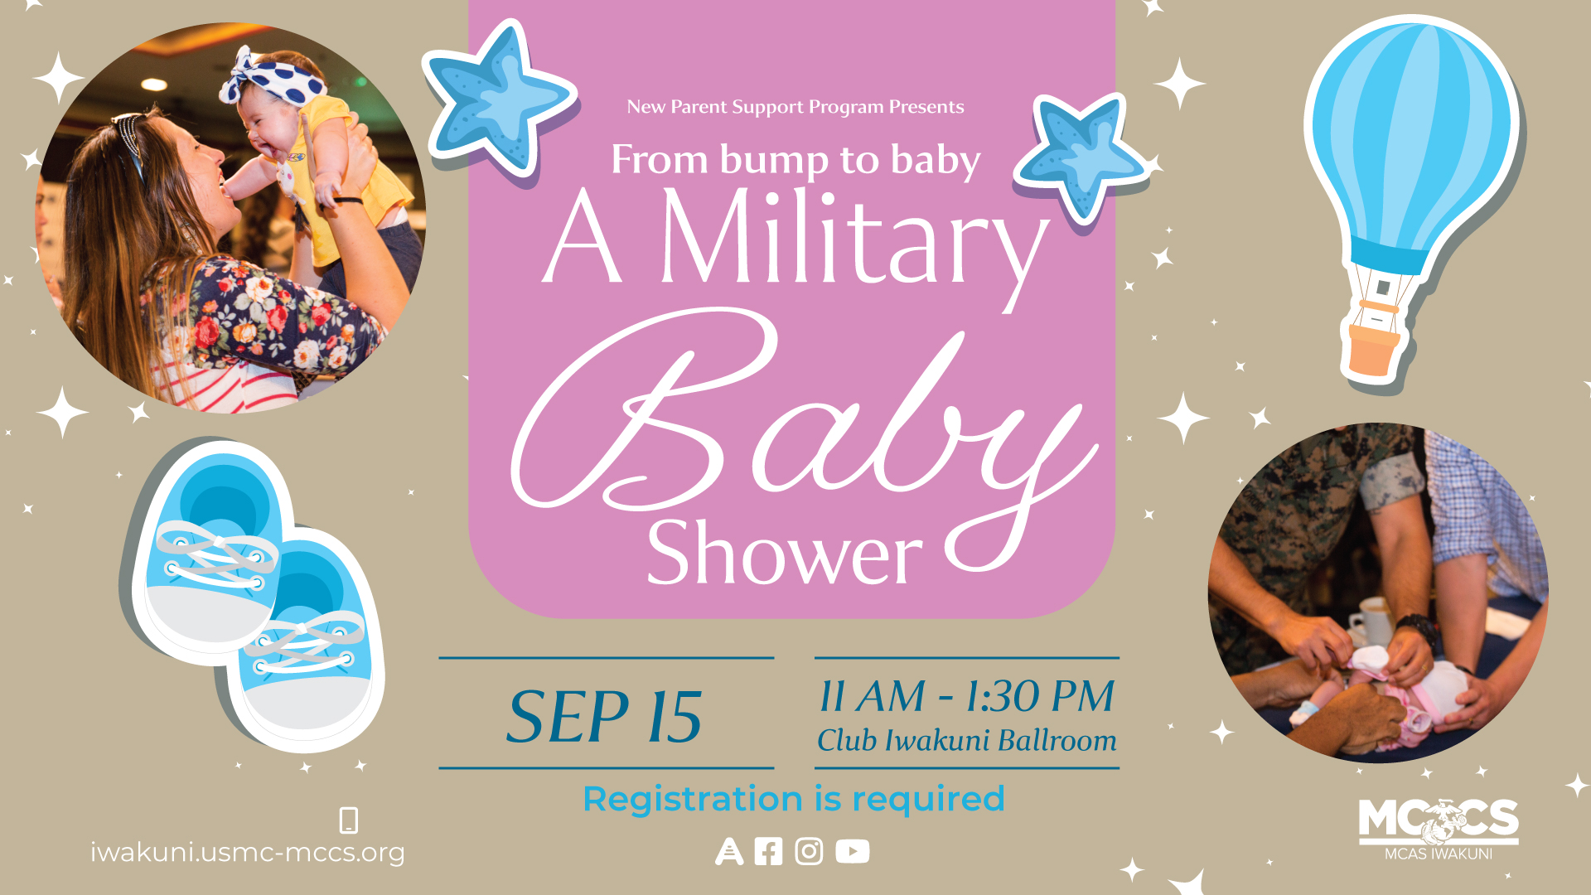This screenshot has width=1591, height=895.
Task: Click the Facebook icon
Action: [768, 852]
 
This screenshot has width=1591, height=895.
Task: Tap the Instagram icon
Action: [809, 852]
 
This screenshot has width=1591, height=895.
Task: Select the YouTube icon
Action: [853, 852]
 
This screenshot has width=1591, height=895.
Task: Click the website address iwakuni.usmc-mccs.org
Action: [248, 853]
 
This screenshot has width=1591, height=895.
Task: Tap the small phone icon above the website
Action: [349, 820]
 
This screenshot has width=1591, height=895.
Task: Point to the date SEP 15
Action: [605, 717]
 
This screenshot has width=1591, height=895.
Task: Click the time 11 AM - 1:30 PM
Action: [966, 696]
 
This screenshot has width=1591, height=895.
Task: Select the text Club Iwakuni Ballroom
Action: [966, 740]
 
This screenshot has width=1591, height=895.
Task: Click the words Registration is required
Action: [794, 800]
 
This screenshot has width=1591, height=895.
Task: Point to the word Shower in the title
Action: [784, 554]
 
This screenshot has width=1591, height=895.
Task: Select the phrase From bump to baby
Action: [795, 160]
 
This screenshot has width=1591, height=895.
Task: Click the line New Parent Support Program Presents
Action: [795, 107]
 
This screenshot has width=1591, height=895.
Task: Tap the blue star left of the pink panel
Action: [497, 99]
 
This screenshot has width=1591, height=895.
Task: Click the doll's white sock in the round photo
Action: [1369, 659]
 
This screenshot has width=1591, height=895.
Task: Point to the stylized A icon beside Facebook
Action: [729, 852]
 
